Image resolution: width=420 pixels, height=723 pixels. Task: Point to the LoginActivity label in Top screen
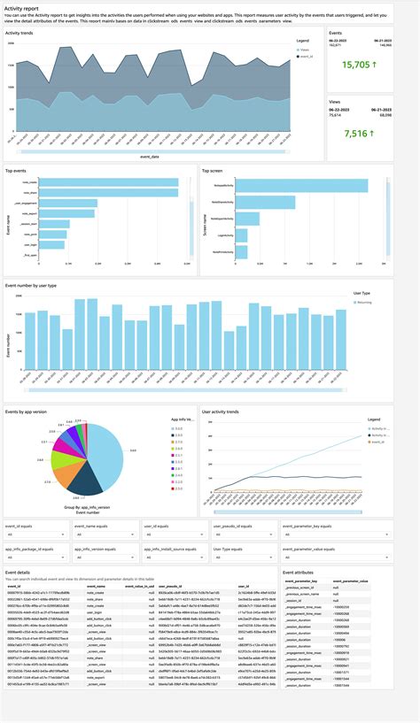[222, 235]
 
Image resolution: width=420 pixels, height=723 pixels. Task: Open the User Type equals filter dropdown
[244, 558]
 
